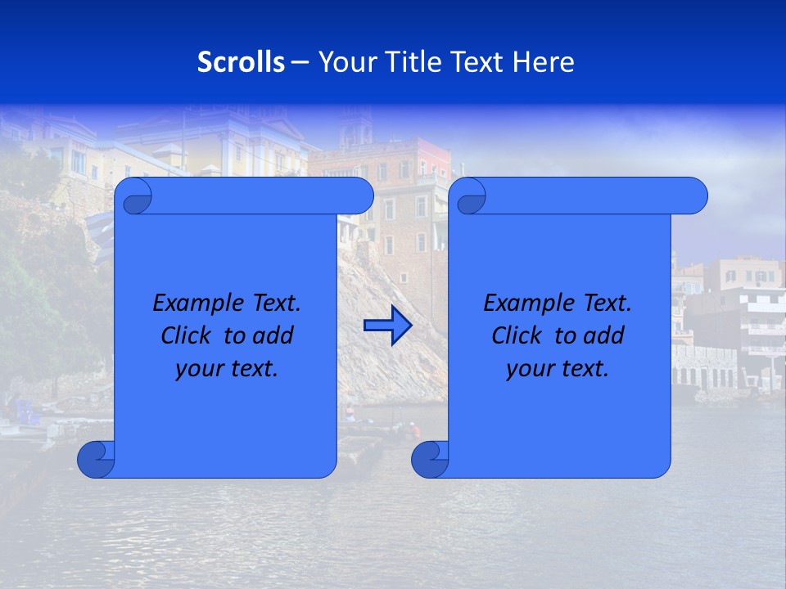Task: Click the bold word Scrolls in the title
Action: click(242, 62)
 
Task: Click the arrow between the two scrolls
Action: click(387, 326)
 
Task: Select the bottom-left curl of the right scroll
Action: click(431, 459)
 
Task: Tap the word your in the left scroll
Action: click(197, 369)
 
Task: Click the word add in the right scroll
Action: click(604, 335)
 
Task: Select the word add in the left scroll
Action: click(273, 335)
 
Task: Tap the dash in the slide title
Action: click(300, 62)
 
